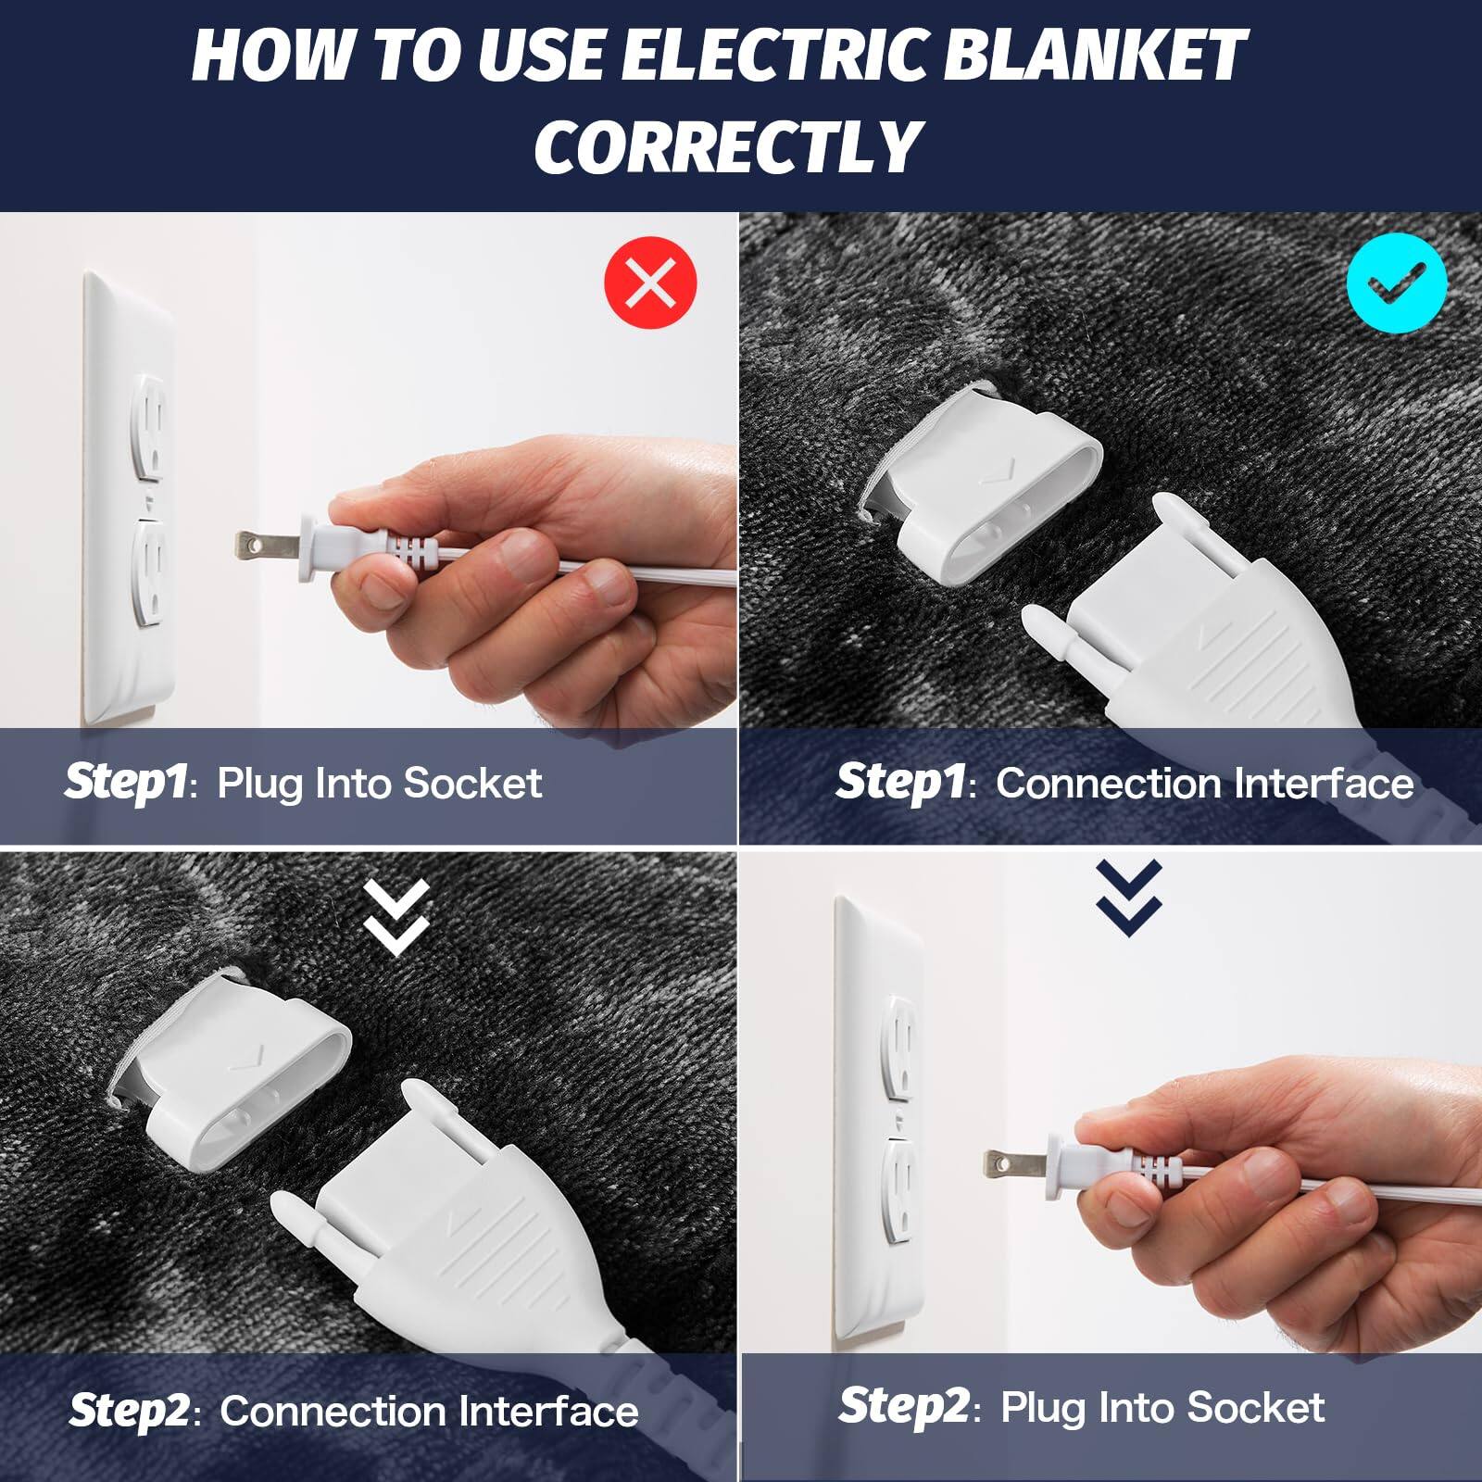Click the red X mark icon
pos(650,283)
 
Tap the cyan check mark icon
pos(1396,283)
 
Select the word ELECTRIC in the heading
pos(773,56)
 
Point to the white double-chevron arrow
pos(396,917)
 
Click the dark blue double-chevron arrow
pos(1128,897)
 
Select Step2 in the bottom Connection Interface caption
pos(131,1411)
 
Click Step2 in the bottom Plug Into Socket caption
pos(904,1406)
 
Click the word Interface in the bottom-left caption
pos(547,1412)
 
